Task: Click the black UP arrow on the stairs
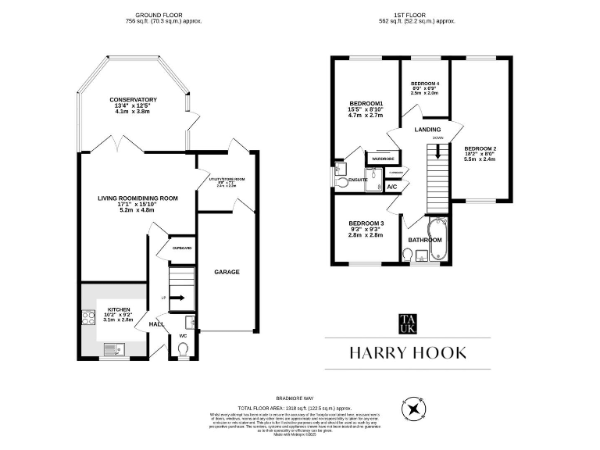point(178,298)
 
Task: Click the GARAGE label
point(227,272)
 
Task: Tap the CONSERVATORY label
point(134,100)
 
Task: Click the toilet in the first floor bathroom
point(407,254)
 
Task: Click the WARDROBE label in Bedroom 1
point(383,159)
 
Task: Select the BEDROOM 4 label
point(425,84)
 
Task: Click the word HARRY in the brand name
point(378,353)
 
